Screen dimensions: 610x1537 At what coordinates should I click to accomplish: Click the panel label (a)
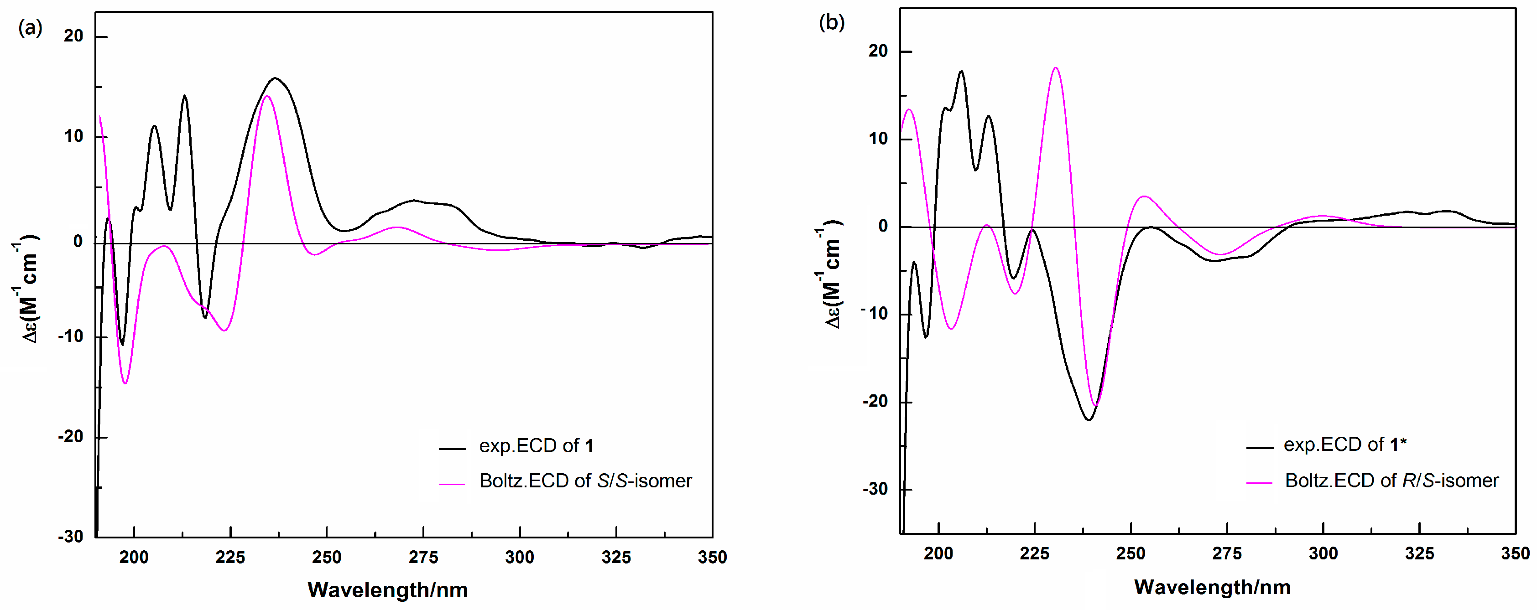click(30, 27)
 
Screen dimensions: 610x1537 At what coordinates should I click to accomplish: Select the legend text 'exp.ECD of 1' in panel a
click(536, 446)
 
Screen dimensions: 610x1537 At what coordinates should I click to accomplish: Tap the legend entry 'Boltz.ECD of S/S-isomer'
click(585, 481)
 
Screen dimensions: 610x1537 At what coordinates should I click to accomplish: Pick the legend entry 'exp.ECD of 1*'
click(1345, 444)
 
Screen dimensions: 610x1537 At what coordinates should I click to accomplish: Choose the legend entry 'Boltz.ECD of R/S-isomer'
click(1391, 480)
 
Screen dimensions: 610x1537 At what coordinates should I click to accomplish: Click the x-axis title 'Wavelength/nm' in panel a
click(388, 590)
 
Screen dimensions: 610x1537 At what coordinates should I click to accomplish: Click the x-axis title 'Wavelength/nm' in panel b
click(1212, 587)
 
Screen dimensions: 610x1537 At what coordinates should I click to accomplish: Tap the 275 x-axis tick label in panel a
click(423, 557)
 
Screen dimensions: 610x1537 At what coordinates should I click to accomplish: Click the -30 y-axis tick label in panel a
click(70, 536)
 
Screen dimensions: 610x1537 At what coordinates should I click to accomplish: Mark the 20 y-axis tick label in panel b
click(878, 51)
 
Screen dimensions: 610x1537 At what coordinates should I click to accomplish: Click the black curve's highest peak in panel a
click(275, 78)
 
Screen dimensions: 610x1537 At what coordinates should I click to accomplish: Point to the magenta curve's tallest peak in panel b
click(1056, 68)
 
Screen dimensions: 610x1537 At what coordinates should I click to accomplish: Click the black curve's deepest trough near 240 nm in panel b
click(1089, 420)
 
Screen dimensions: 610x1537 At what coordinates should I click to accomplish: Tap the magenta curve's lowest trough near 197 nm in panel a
click(125, 383)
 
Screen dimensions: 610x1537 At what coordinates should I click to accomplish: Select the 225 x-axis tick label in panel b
click(1034, 553)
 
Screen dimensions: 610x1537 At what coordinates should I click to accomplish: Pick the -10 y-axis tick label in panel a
click(70, 336)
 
